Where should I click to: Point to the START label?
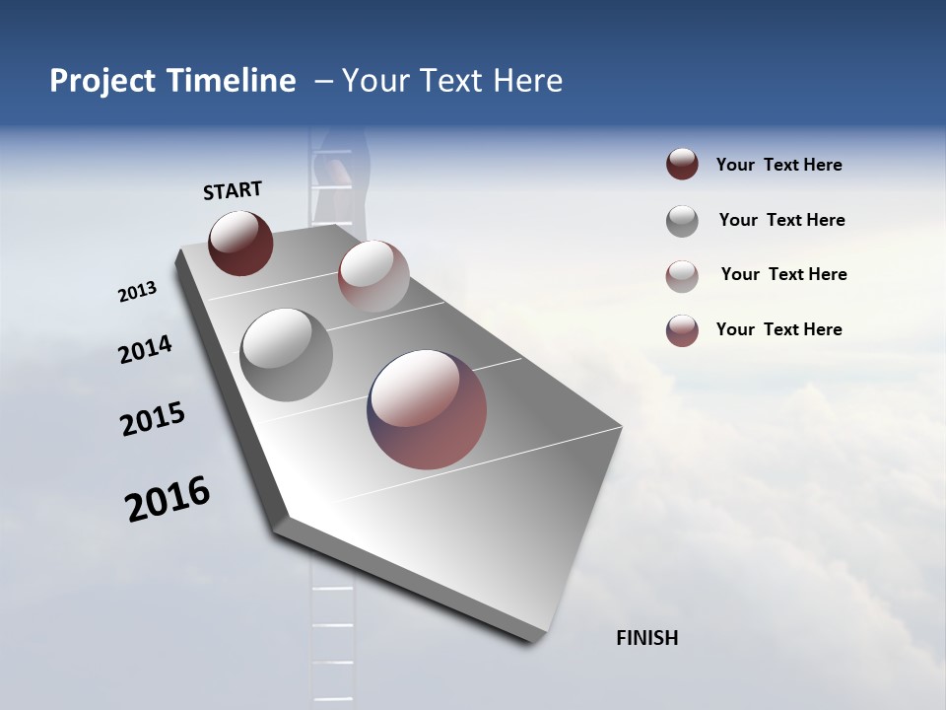[233, 190]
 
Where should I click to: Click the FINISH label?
[646, 638]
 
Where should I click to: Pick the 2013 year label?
[137, 292]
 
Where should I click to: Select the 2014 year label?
[145, 349]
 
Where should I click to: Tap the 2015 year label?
[153, 420]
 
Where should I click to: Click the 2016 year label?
[168, 498]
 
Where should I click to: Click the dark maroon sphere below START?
[240, 243]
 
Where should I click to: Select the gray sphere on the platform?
[286, 355]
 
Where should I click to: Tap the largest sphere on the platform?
[427, 409]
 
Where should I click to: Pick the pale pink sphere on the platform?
[373, 276]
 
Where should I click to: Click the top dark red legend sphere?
[682, 165]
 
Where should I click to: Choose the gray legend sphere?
[682, 221]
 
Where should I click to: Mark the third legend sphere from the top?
[682, 275]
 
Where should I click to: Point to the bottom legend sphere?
[682, 330]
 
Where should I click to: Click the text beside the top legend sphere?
[778, 166]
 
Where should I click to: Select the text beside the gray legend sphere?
[781, 220]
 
